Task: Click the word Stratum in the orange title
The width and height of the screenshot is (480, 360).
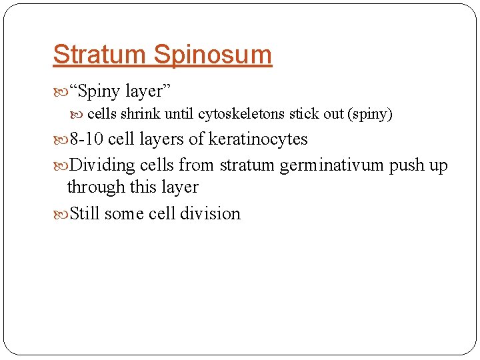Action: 99,54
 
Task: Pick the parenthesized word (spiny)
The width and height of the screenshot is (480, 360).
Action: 370,114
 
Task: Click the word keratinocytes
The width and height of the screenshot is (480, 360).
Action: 258,139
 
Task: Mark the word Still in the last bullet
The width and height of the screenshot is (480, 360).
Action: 85,214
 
